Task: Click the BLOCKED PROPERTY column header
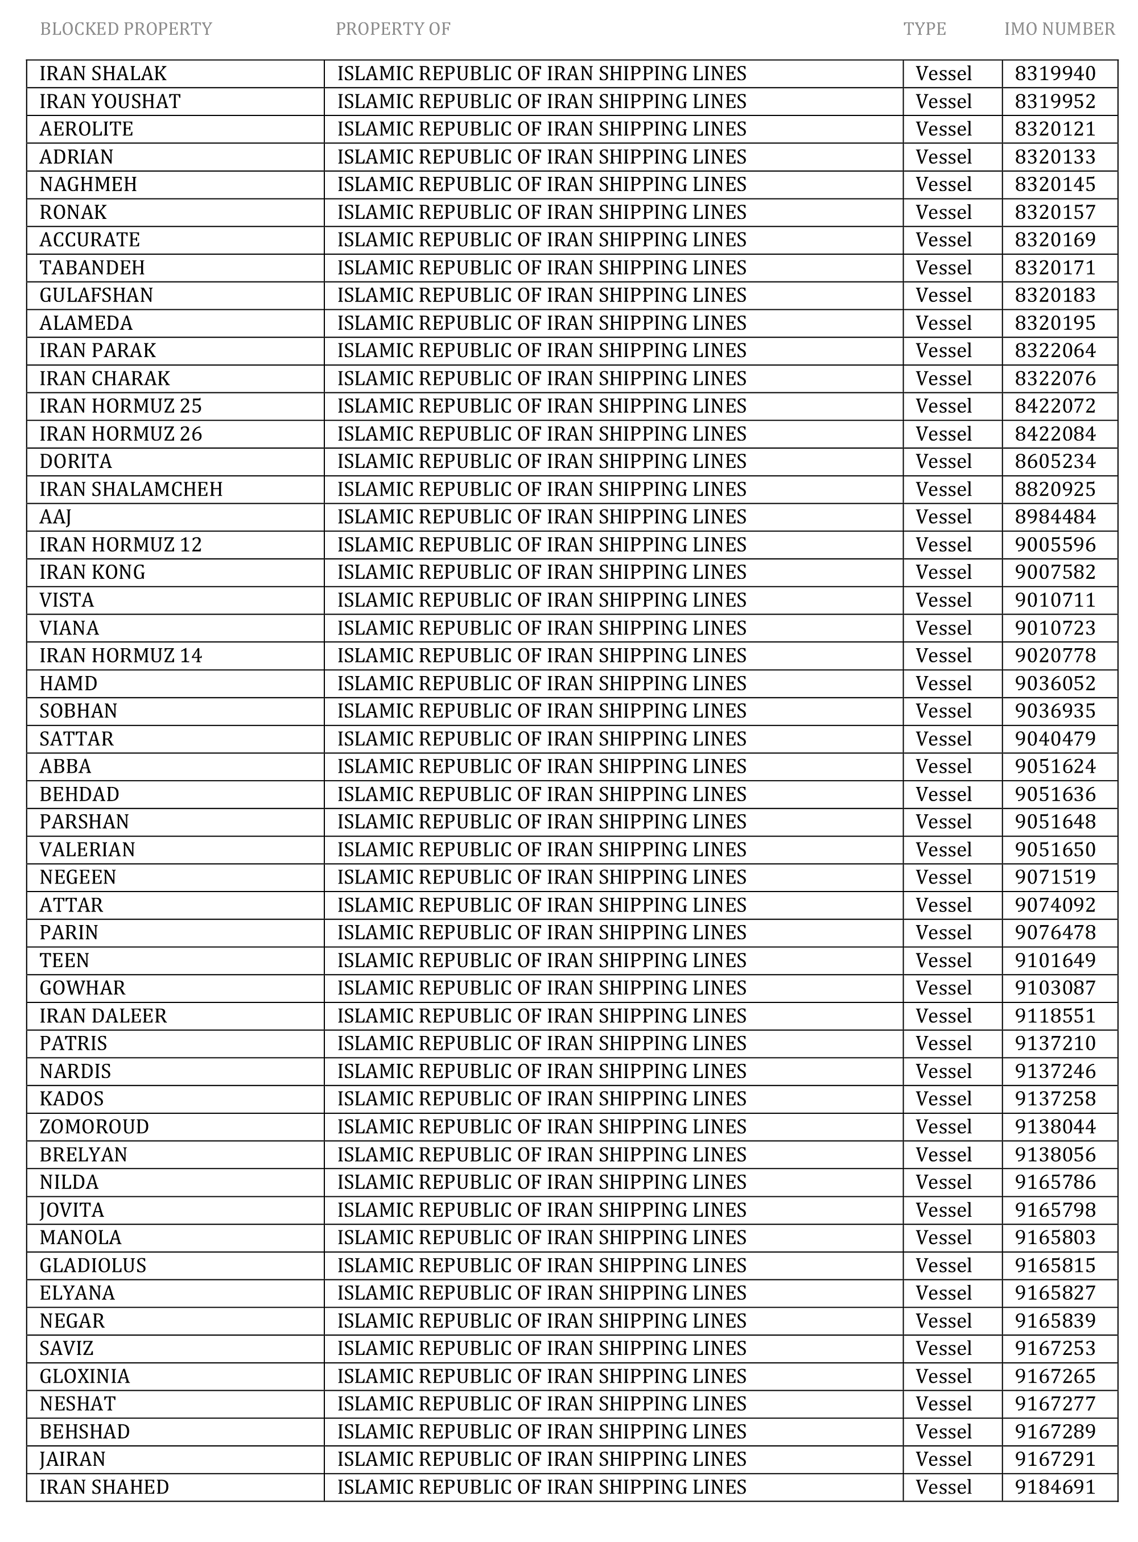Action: [126, 29]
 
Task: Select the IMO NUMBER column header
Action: [1059, 29]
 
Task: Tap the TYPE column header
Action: [925, 29]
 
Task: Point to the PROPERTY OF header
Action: [393, 29]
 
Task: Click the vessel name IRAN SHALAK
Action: [102, 74]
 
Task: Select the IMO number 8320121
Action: [1055, 130]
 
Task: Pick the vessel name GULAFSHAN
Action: [96, 295]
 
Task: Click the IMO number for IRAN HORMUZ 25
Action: [1055, 406]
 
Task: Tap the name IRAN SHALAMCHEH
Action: [131, 490]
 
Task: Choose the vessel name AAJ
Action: [55, 517]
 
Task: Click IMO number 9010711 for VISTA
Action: [1055, 600]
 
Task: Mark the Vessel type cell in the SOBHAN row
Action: [943, 711]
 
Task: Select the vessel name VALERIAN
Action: [88, 849]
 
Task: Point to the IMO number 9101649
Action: [1055, 960]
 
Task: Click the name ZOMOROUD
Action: [94, 1127]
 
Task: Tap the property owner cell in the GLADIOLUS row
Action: [542, 1265]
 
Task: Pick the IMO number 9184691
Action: [1055, 1487]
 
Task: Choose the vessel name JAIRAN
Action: [72, 1460]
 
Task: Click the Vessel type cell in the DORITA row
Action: [943, 461]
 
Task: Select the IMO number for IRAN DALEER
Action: [1055, 1016]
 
